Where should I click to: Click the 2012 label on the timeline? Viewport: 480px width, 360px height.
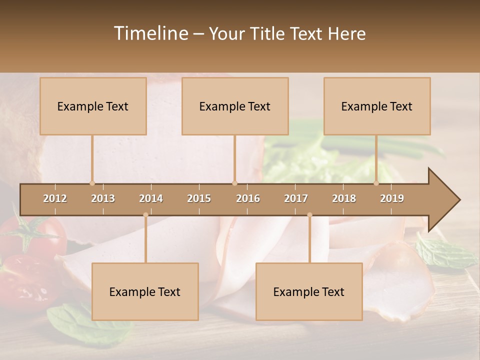(x=55, y=198)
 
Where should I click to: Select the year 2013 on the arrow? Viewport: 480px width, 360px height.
(x=103, y=198)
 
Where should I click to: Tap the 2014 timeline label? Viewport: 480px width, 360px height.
(x=151, y=198)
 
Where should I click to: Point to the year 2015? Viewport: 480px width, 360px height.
(x=199, y=198)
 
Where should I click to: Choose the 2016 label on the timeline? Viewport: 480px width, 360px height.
(x=248, y=198)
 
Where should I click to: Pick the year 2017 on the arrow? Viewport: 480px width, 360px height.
(x=296, y=198)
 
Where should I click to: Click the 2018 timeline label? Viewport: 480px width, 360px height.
(x=344, y=198)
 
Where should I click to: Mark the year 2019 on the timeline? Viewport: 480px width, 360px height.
(x=392, y=198)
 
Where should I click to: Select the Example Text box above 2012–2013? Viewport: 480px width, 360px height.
(x=93, y=106)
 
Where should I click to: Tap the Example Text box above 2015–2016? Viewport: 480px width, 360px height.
(x=235, y=106)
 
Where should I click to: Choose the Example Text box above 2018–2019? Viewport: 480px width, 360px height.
(x=377, y=106)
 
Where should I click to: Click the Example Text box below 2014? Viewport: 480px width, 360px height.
(x=145, y=291)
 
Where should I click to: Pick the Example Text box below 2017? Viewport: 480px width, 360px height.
(x=309, y=291)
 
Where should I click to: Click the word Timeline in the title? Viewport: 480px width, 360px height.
(x=150, y=33)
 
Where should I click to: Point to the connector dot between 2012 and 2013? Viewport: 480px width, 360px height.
(x=92, y=183)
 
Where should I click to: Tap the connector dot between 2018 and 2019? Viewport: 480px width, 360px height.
(x=376, y=183)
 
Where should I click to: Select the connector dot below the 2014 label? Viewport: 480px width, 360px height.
(x=145, y=215)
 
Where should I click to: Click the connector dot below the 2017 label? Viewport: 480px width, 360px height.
(x=309, y=215)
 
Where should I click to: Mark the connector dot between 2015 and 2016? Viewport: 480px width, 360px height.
(x=234, y=183)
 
